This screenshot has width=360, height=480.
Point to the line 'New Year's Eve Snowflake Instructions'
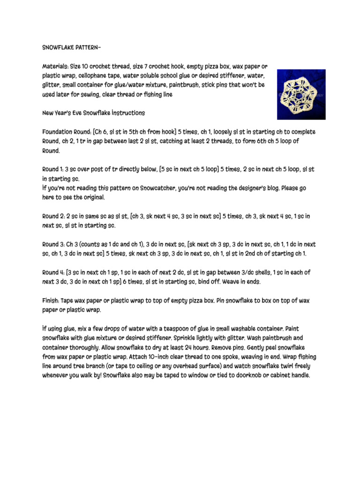point(94,113)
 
